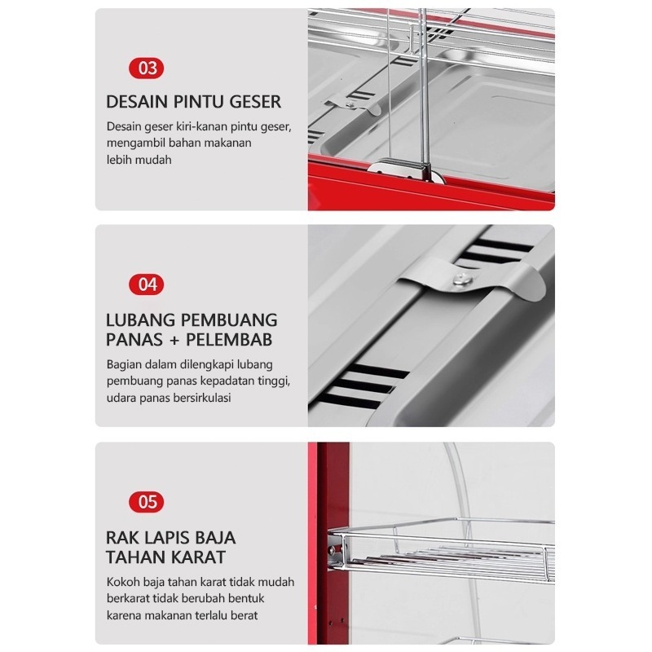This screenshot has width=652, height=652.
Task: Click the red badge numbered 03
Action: point(147,68)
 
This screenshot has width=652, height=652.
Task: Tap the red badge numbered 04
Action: point(147,284)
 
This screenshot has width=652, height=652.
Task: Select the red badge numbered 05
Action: point(147,502)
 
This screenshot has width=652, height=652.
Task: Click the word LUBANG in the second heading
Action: point(140,320)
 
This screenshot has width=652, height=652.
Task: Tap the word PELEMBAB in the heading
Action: point(229,340)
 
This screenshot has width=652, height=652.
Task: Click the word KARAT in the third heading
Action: point(197,557)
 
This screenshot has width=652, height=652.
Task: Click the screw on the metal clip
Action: point(460,277)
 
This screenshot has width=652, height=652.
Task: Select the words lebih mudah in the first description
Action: point(139,160)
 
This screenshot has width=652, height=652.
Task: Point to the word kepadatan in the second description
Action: point(236,381)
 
